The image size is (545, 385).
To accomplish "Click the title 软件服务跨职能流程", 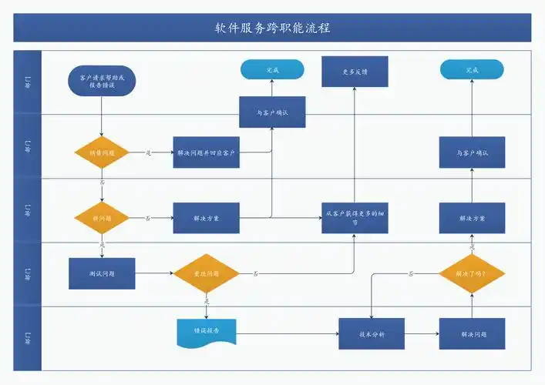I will point(272,28).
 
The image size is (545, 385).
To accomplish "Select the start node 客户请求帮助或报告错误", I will point(102,81).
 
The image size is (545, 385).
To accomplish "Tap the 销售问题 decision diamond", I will point(102,153).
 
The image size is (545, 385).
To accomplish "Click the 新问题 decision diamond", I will point(102,218).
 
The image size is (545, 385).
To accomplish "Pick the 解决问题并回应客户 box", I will point(206,152).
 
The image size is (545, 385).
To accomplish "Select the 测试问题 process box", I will point(102,273).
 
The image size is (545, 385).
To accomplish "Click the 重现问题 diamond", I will point(206,273).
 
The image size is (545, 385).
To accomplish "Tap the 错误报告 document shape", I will point(206,331).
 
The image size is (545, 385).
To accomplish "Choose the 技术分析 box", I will point(372,334).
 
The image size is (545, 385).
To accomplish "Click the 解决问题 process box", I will point(472,334).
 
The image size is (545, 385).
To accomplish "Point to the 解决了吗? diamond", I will point(472,273).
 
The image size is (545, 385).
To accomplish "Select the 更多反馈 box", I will point(355,72).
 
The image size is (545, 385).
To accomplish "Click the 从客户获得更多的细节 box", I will point(355,218).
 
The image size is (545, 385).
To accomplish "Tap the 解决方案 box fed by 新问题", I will point(206,218).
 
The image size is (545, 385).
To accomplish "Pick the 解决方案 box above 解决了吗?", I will point(472,218).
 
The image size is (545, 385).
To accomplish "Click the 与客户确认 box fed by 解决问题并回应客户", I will point(272,112).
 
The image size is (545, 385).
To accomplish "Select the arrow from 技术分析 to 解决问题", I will point(422,334).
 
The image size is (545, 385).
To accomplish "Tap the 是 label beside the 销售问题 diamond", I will point(148,152).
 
